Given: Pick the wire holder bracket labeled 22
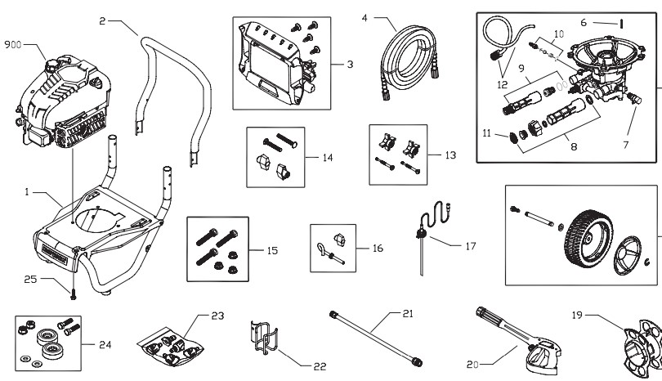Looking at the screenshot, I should [261, 339].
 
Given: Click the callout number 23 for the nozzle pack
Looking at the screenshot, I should [217, 315].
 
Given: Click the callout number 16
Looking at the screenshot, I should [377, 245].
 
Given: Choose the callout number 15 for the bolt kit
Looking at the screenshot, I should [272, 250].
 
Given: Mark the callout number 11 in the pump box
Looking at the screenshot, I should [488, 132].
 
